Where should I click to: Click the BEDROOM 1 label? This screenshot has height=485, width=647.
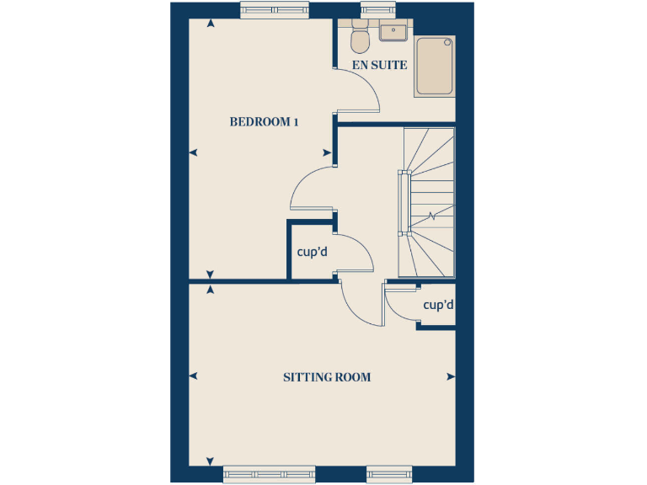pos(265,122)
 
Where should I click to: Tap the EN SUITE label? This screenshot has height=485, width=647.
pos(380,65)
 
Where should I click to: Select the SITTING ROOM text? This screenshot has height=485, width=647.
pos(327,377)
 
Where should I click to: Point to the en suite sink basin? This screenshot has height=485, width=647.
pos(393,32)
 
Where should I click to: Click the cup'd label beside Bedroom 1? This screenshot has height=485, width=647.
pos(312,251)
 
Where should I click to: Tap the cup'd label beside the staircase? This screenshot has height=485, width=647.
pos(438,305)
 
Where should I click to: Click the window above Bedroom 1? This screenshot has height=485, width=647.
pos(272,9)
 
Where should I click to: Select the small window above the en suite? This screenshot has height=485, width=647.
pos(372,9)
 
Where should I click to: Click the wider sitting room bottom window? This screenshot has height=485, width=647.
pos(269,474)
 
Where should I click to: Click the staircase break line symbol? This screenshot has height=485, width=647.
pos(432,216)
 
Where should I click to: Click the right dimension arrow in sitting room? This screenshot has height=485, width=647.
pos(451,376)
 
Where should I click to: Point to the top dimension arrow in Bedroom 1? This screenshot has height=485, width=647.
pos(210,23)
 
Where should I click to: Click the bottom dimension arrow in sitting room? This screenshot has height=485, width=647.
pos(210,461)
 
